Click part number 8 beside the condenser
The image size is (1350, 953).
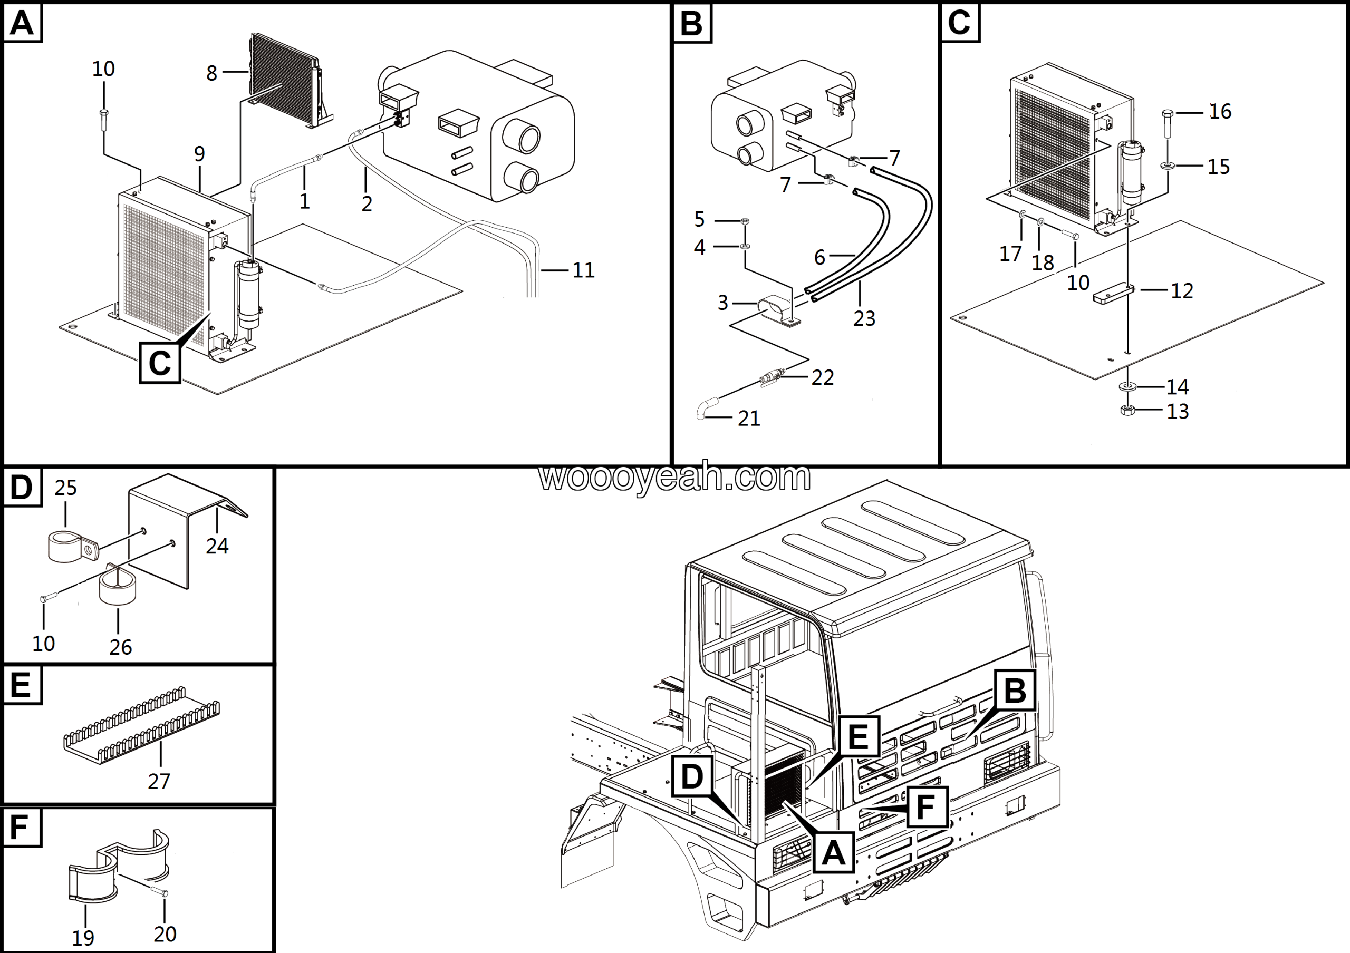coord(211,73)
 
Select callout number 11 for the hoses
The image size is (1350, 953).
coord(583,270)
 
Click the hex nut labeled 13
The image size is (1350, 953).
coord(1127,411)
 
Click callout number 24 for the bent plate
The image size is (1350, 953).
coord(217,546)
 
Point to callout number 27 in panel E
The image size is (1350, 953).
coord(159,781)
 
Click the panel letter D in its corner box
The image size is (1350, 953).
coord(22,487)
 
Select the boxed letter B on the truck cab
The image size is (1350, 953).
coord(1015,691)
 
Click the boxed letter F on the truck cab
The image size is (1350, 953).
coord(925,808)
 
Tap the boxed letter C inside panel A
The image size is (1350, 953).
coord(160,363)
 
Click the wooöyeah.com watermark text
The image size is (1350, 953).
coord(674,477)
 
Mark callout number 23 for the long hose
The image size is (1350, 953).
coord(864,318)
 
